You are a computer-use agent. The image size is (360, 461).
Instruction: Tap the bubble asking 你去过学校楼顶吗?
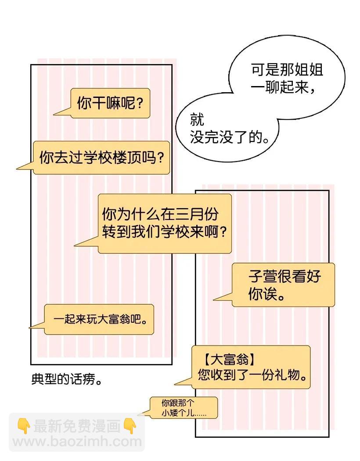pos(101,158)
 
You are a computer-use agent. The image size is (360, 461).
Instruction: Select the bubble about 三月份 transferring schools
pos(164,223)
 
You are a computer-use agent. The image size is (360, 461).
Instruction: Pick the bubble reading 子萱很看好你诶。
pos(283,285)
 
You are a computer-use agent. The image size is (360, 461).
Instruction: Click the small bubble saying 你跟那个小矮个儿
pos(183,408)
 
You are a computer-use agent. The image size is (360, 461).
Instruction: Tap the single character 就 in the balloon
pos(197,119)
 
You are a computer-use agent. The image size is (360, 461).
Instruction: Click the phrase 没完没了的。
pos(229,137)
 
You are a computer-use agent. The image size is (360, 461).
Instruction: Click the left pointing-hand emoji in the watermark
pos(23,425)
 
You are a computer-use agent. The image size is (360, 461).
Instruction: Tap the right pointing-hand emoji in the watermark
pos(130,425)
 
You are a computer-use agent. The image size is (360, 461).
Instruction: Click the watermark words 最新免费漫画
pos(76,425)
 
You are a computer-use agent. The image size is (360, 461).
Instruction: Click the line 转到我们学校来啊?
pos(164,231)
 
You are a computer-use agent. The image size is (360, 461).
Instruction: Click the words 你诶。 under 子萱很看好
pos(265,294)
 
